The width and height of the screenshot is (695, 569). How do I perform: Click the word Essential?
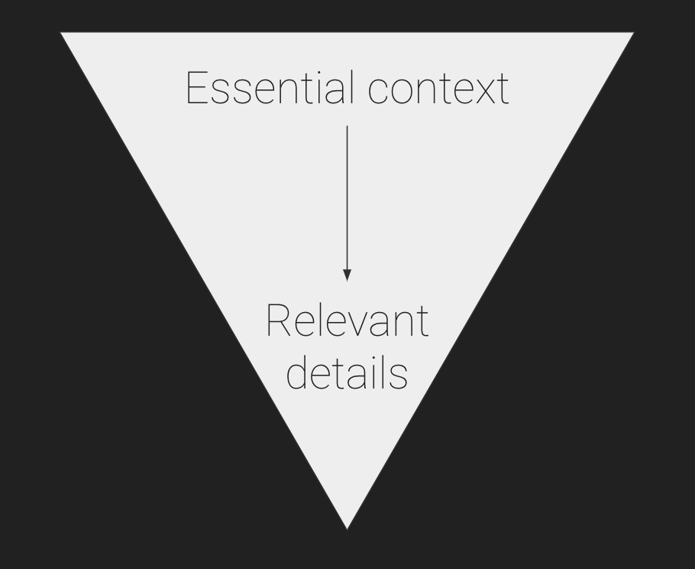270,87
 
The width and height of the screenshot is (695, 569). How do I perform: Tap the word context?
438,89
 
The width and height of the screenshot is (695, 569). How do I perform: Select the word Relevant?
347,320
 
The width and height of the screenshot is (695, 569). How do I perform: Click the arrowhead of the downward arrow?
347,275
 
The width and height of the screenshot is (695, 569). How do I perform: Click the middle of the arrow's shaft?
347,197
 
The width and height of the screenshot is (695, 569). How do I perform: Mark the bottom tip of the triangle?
347,529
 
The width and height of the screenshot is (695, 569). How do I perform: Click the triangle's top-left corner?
61,32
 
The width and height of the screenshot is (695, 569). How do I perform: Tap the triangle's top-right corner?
634,32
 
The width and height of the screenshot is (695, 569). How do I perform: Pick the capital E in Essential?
197,88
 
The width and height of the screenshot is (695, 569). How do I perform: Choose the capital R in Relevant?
278,320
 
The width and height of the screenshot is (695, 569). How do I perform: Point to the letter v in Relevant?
357,325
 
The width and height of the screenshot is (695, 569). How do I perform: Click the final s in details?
399,378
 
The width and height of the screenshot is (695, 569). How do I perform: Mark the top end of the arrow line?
347,126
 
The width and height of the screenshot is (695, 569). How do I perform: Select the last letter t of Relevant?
423,323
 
